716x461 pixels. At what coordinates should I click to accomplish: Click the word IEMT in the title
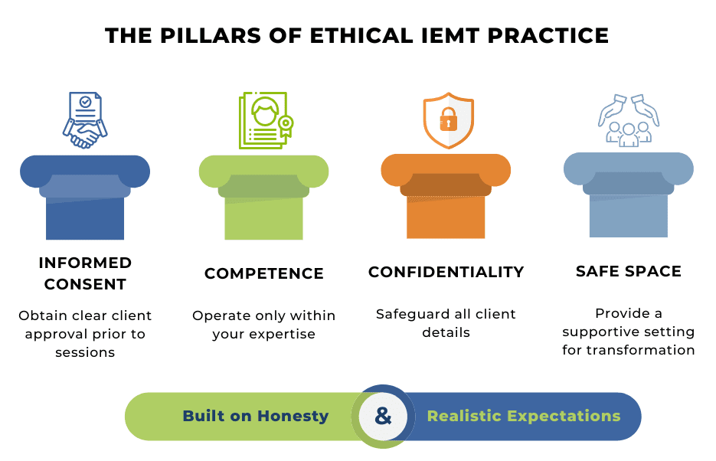(x=450, y=35)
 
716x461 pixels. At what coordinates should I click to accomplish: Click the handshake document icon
(x=85, y=120)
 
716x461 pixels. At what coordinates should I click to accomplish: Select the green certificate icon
(x=266, y=120)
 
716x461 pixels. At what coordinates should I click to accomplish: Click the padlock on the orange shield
(x=449, y=119)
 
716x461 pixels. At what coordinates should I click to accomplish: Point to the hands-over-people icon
(x=629, y=120)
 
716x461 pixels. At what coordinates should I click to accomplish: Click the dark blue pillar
(x=85, y=197)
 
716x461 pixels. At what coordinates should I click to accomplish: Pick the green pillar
(x=263, y=197)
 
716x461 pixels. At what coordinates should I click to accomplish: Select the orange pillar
(x=446, y=196)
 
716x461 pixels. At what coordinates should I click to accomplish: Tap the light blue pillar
(x=629, y=195)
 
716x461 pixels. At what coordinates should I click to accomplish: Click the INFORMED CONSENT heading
(x=86, y=273)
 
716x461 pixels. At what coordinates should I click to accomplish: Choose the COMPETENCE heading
(x=264, y=273)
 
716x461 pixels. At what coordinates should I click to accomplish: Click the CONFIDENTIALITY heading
(x=446, y=272)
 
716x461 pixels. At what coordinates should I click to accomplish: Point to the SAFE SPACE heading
(x=629, y=271)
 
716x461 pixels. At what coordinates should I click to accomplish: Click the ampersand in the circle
(x=383, y=417)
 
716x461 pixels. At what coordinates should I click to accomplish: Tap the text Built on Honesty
(x=256, y=416)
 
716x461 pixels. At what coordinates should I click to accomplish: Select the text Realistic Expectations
(x=524, y=416)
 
